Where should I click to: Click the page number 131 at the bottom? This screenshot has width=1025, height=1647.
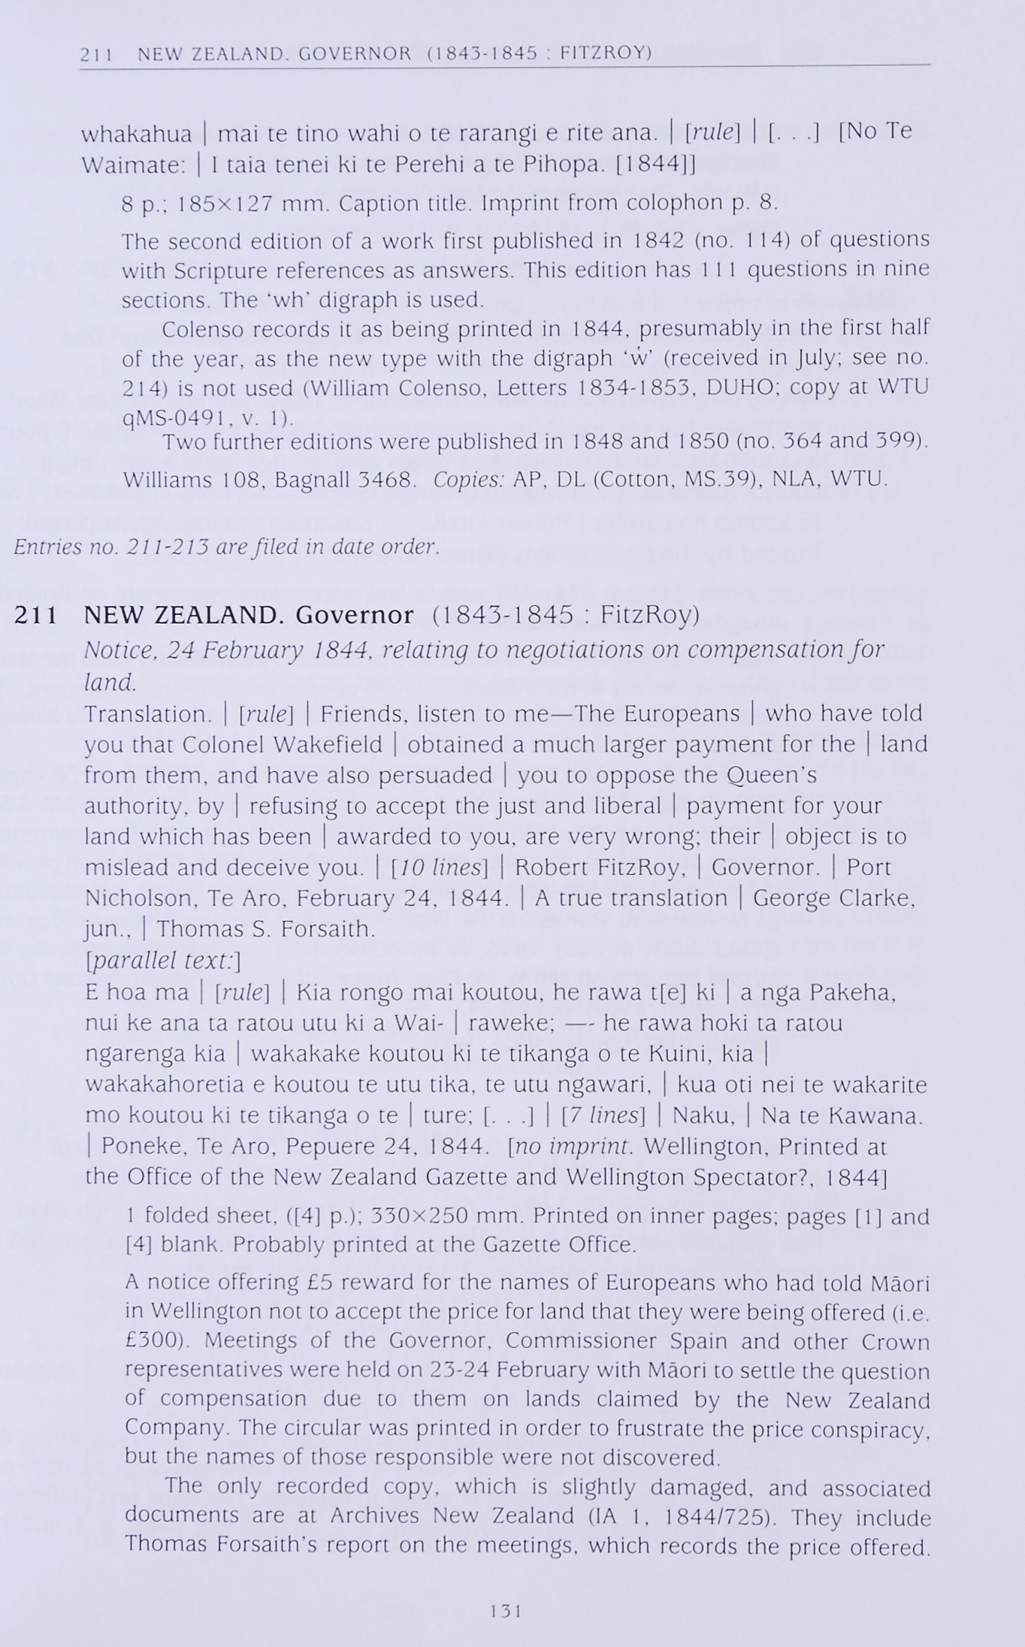click(x=506, y=1610)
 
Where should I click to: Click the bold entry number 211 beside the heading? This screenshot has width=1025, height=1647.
click(x=36, y=615)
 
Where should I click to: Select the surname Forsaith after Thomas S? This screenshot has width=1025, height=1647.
click(x=328, y=929)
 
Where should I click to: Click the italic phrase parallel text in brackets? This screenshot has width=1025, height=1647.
click(x=163, y=961)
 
